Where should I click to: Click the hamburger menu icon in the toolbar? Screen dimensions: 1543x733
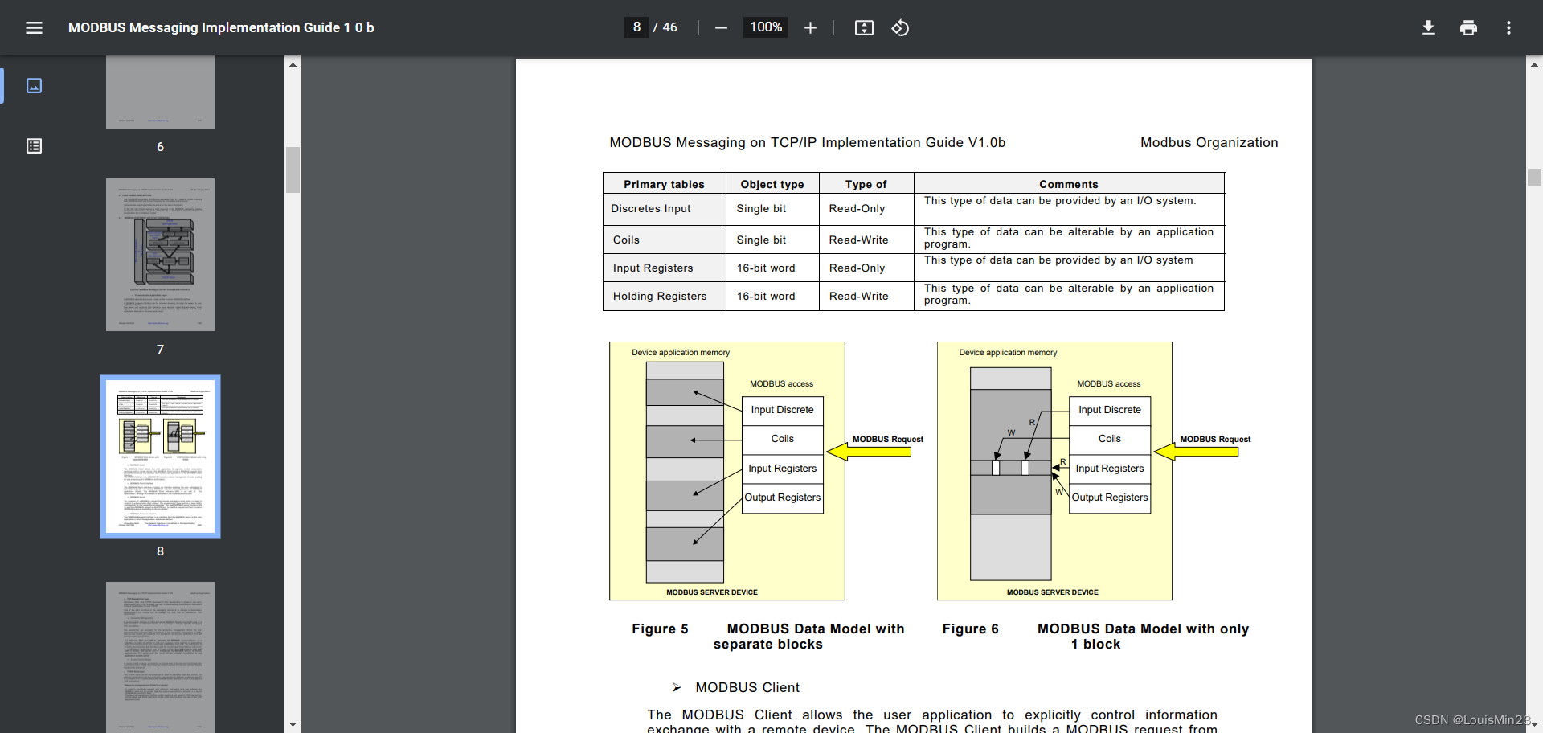point(34,28)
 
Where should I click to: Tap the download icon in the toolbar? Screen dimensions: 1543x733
point(1428,28)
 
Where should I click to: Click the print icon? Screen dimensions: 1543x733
point(1468,28)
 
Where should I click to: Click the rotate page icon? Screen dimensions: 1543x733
point(900,28)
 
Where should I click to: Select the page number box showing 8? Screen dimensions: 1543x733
point(636,27)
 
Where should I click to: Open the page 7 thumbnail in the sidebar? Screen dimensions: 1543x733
point(160,255)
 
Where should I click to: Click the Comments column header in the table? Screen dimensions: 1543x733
point(1068,184)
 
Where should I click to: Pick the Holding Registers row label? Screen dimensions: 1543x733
point(660,297)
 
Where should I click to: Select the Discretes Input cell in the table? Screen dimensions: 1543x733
point(651,209)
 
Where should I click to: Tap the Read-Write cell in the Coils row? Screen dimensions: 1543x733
point(858,240)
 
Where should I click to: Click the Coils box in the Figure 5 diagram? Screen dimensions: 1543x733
point(782,439)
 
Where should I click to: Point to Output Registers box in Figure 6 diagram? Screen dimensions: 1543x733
point(1109,498)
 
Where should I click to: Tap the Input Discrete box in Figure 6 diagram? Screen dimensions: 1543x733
point(1109,410)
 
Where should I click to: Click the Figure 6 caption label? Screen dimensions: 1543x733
point(970,629)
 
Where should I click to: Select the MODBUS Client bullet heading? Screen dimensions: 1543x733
point(747,688)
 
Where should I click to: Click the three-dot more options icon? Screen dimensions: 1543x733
point(1508,28)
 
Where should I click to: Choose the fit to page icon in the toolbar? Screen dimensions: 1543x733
point(864,28)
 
